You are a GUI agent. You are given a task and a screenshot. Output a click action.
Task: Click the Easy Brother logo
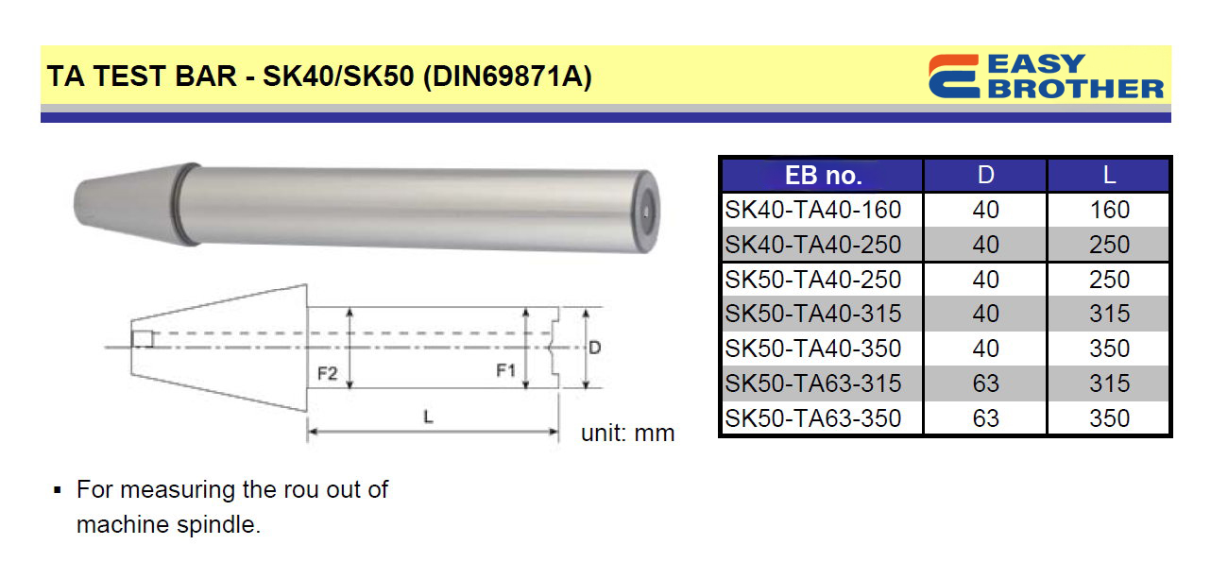(1046, 77)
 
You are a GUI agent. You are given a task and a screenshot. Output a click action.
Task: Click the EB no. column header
(823, 175)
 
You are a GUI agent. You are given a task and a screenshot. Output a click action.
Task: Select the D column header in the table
(985, 175)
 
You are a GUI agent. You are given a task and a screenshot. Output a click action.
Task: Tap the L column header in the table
(1109, 175)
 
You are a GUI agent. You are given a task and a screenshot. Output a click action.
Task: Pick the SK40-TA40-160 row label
(812, 210)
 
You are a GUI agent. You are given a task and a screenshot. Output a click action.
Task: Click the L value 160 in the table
(1109, 210)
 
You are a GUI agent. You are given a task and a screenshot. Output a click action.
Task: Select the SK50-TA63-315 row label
(812, 383)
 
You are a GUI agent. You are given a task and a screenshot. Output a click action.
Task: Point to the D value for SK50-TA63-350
(985, 418)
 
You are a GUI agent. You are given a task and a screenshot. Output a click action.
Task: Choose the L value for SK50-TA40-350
(1109, 349)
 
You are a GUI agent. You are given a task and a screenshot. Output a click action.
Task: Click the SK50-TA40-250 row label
(812, 280)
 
